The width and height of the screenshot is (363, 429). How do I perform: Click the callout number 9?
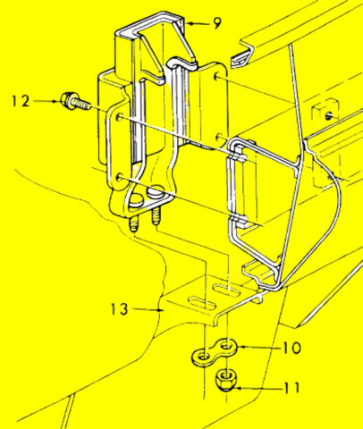(217, 23)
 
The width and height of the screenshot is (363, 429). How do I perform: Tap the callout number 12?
(21, 101)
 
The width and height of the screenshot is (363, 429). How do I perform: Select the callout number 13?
(120, 309)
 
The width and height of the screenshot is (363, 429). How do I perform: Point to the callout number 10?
(291, 348)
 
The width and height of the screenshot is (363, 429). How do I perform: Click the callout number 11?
(291, 388)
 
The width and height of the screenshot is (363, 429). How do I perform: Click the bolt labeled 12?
(75, 102)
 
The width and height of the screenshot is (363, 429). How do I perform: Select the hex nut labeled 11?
(225, 380)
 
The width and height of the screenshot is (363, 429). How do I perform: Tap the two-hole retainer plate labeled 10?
(215, 352)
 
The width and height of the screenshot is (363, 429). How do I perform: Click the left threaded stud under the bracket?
(133, 223)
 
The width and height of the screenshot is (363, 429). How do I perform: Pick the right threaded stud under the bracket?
(156, 216)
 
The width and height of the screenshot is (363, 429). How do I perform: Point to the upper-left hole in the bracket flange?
(120, 116)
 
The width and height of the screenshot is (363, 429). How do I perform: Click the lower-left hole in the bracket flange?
(120, 179)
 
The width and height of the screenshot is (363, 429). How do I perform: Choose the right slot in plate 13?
(226, 290)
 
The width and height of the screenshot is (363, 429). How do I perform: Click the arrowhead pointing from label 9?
(189, 23)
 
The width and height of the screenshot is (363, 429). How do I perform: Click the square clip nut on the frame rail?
(325, 111)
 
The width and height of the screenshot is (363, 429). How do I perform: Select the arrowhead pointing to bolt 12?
(56, 101)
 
